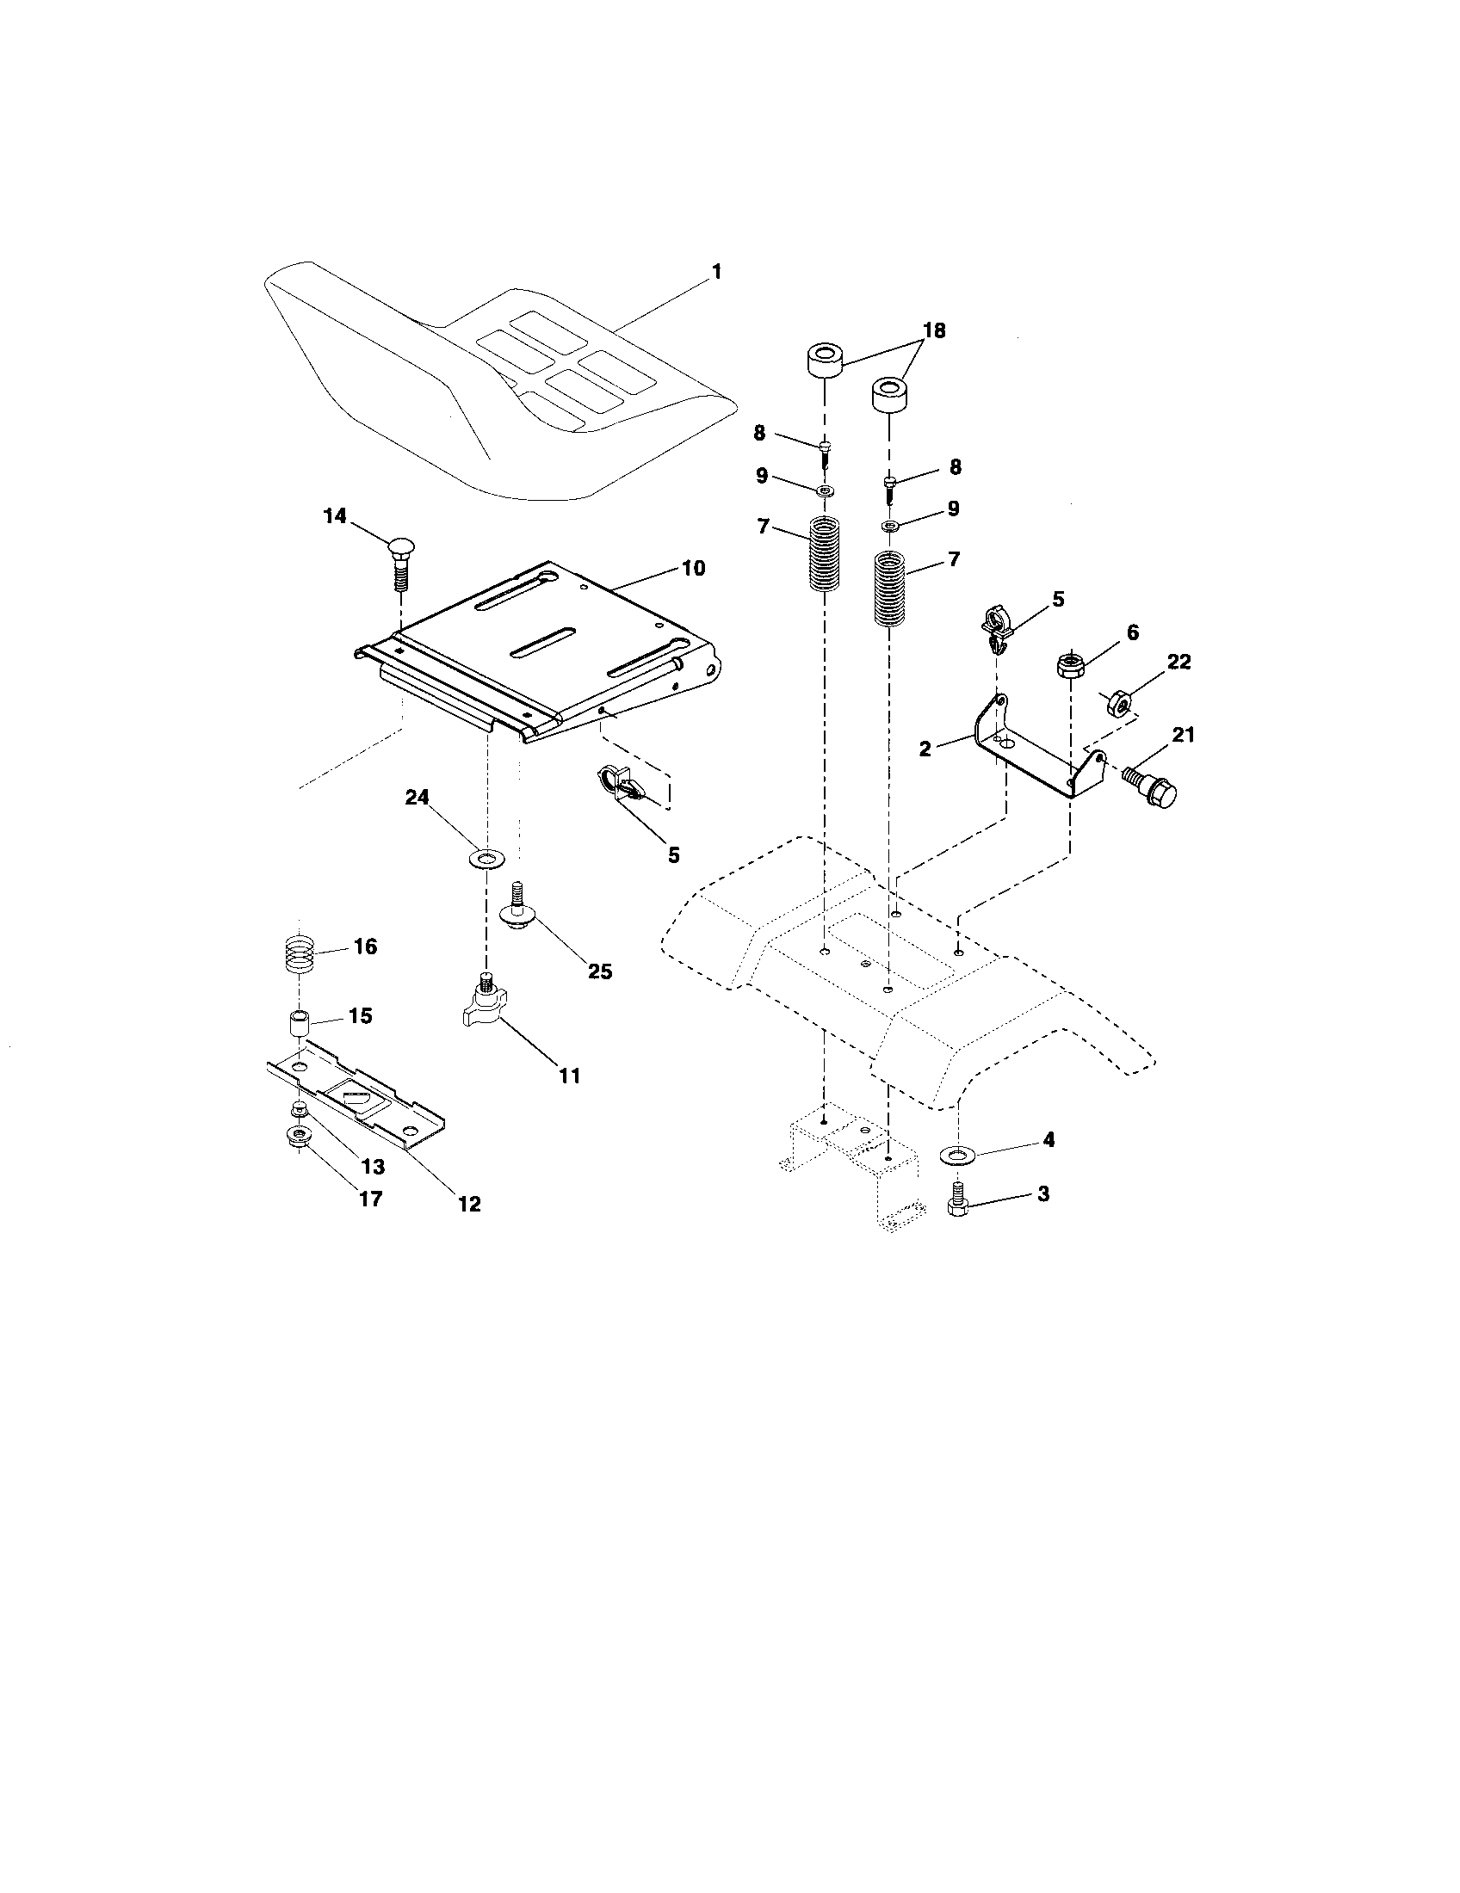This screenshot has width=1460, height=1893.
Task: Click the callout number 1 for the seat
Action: (x=716, y=271)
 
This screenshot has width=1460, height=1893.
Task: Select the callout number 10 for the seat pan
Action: (x=694, y=569)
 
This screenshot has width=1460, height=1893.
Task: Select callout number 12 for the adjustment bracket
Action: (x=469, y=1204)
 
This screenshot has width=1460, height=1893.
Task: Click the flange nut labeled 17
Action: (x=298, y=1137)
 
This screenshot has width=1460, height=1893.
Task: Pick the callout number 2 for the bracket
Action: (x=925, y=749)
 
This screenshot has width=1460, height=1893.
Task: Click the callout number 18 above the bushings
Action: (x=933, y=330)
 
